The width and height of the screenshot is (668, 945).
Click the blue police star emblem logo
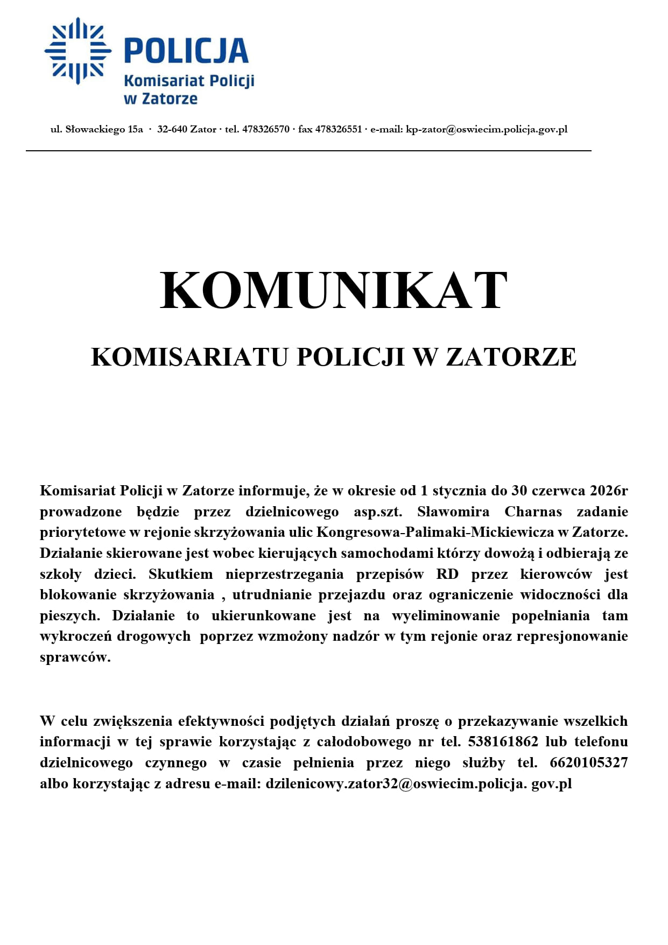point(78,51)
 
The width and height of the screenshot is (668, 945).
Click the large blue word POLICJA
point(186,51)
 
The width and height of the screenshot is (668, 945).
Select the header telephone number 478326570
point(266,129)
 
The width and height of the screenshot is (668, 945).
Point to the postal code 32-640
point(172,129)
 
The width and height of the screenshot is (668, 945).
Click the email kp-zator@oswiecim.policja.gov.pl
point(487,129)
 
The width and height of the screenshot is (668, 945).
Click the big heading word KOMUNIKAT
point(334,291)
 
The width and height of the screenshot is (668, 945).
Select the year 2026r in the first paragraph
point(608,491)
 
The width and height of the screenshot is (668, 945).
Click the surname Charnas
point(533,512)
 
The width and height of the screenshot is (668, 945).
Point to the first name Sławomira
point(453,512)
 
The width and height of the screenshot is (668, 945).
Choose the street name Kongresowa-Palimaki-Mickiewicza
point(435,532)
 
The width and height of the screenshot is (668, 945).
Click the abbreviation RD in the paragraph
point(447,574)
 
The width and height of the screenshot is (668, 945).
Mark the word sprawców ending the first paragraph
point(75,657)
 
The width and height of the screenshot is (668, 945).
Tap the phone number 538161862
point(503,742)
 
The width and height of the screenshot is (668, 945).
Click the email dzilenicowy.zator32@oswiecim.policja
point(396,784)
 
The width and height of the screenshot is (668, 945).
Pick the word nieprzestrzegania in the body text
point(284,574)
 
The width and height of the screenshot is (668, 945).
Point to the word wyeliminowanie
point(445,616)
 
